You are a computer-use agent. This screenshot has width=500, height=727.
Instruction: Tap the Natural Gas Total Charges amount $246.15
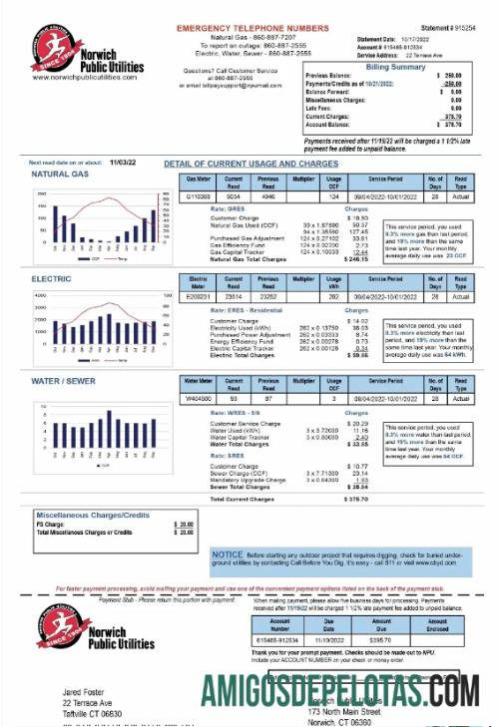tap(355, 259)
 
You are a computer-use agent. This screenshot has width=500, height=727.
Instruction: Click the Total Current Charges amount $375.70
tap(355, 499)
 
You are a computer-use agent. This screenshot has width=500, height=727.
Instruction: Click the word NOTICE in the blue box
tap(228, 553)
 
